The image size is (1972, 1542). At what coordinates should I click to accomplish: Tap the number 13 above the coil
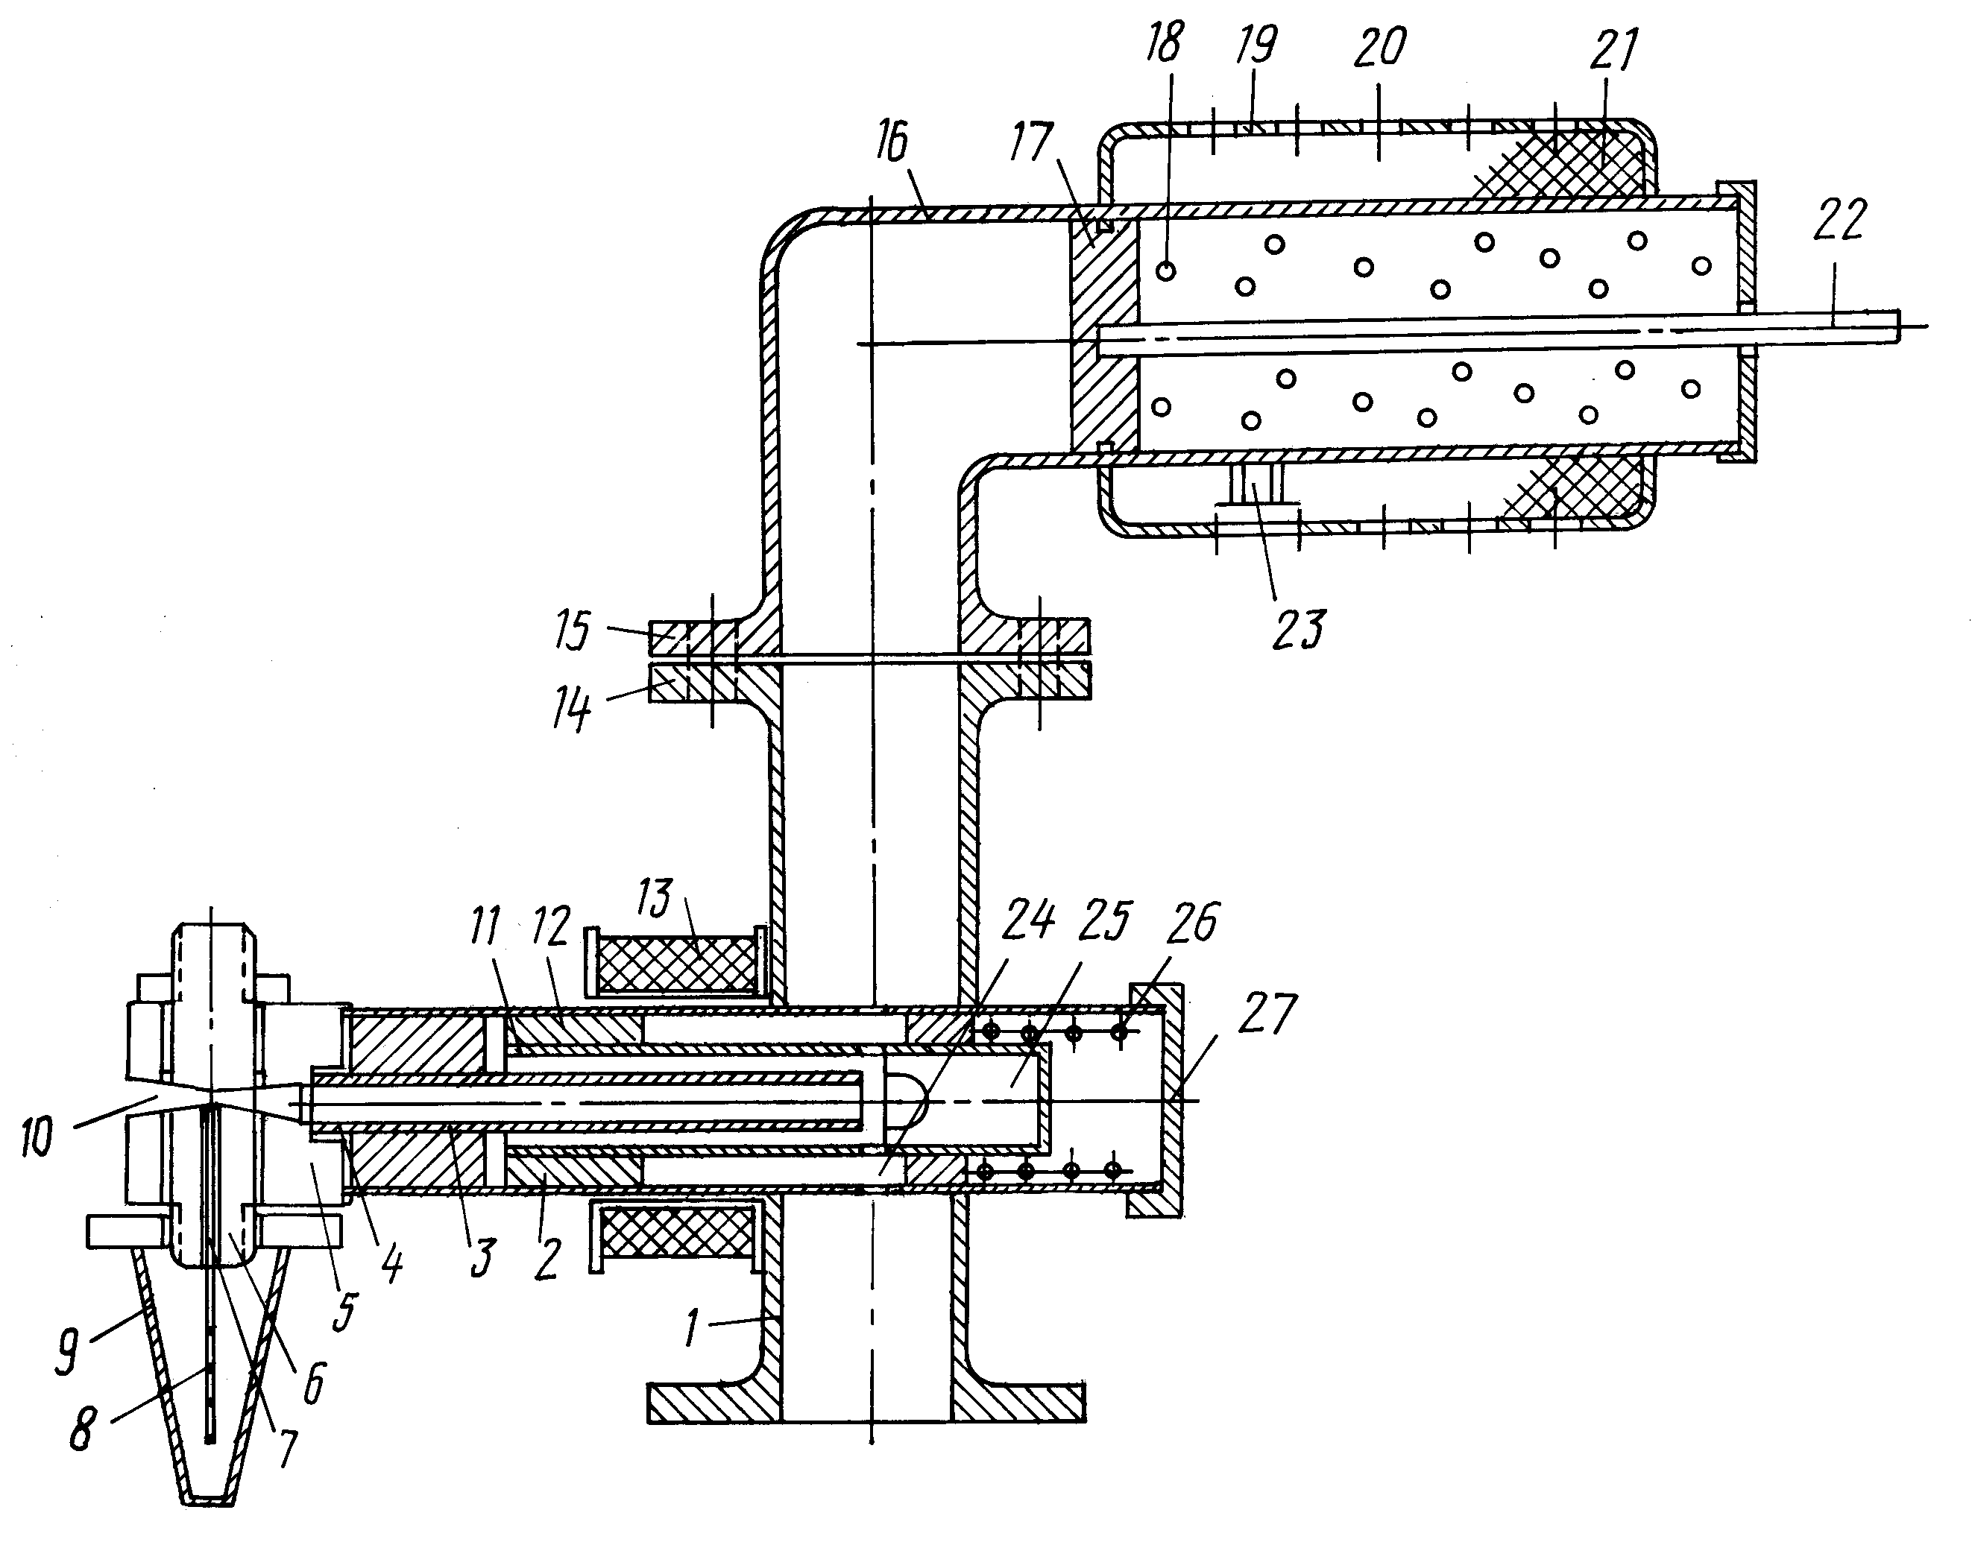[655, 898]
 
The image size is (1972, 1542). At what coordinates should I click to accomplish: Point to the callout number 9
[67, 1350]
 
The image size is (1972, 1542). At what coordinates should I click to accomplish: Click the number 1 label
[692, 1328]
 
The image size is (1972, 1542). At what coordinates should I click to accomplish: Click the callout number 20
[1380, 45]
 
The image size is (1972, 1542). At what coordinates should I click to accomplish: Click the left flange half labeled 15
[713, 636]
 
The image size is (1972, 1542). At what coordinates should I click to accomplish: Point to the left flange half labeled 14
[713, 683]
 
